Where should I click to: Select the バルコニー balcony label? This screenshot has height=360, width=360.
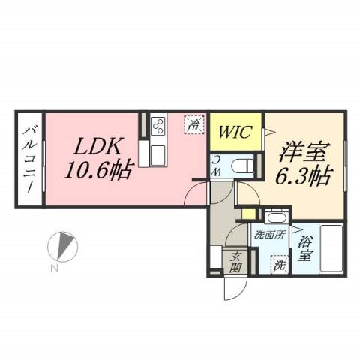point(30,158)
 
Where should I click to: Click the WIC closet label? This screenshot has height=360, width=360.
point(234,133)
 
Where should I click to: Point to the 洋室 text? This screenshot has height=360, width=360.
point(303,152)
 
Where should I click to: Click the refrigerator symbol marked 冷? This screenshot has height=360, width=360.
point(194,124)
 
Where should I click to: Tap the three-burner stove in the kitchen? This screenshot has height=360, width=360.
point(157,126)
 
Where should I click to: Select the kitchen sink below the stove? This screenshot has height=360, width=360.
point(159,154)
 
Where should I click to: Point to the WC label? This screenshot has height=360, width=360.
point(216,166)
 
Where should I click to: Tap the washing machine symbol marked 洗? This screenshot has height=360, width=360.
point(277,264)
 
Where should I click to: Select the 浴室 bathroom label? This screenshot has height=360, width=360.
point(304,248)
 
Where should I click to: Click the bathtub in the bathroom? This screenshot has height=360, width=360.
point(329,247)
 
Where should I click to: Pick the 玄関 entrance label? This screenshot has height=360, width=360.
point(235,263)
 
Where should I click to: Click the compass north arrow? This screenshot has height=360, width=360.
point(64,245)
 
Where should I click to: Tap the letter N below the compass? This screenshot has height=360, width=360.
point(55,268)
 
